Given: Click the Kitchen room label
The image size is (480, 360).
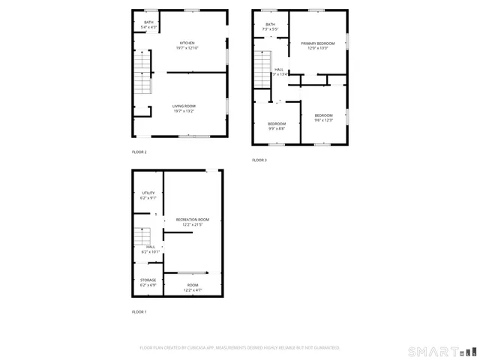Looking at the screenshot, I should tap(187, 43).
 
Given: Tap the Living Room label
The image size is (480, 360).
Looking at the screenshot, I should tap(184, 106).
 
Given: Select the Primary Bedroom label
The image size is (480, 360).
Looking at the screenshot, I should tap(318, 44).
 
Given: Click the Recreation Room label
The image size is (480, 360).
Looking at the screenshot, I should tap(192, 220).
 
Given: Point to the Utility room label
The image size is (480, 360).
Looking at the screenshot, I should tap(148, 193).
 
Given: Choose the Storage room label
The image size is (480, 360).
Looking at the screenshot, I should tap(148, 280).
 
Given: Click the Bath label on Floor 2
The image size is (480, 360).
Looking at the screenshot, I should tap(148, 22).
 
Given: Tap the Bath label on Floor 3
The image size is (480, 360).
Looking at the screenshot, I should tap(270, 25).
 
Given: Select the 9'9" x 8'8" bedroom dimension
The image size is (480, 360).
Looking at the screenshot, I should tap(277, 128).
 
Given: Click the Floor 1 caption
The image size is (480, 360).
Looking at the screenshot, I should tap(139, 311).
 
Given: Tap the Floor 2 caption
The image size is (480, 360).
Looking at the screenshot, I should tap(139, 152).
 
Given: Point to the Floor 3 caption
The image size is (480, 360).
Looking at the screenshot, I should tap(259, 160).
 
